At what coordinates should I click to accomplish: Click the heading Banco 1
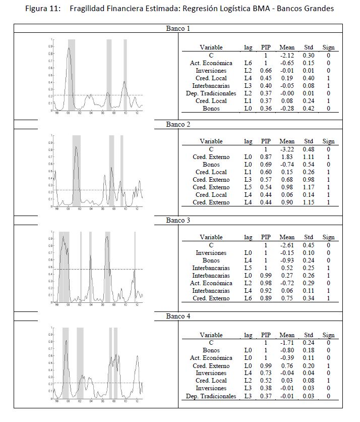pos(178,29)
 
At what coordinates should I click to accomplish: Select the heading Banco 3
pos(178,221)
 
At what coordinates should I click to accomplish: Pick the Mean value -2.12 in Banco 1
pos(287,56)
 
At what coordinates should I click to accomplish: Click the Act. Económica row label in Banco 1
pos(211,63)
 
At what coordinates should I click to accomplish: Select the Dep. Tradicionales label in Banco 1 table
pos(211,93)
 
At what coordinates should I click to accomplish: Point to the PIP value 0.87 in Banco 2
pos(266,157)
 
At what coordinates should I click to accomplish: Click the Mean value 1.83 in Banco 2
pos(287,157)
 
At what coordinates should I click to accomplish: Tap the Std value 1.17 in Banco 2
pos(309,187)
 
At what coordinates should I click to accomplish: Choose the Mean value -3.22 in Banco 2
pos(287,149)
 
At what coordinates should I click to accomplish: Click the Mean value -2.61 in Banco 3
pos(287,245)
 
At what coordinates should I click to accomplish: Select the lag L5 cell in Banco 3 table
pos(248,268)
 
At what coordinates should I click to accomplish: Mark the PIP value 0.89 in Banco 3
pos(266,298)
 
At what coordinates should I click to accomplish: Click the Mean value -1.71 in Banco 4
pos(287,343)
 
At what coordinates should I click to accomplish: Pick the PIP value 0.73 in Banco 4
pos(266,373)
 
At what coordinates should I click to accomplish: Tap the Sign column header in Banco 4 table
pos(328,335)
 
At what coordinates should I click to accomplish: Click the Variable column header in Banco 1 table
pos(211,47)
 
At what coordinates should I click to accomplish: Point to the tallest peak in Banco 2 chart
pos(76,147)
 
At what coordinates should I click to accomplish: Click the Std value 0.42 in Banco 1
pos(309,109)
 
